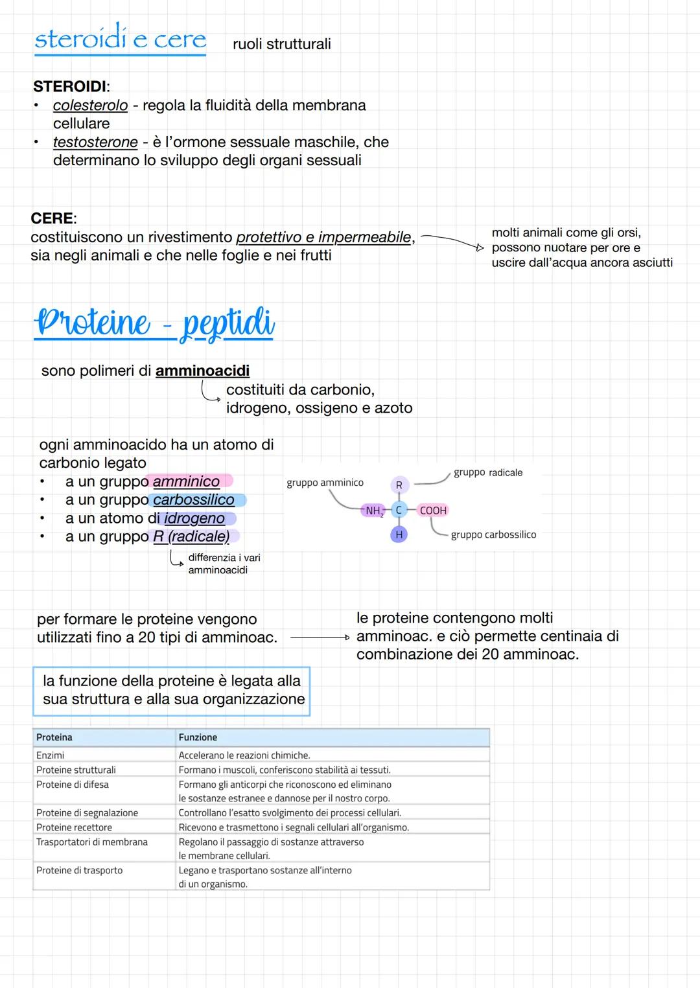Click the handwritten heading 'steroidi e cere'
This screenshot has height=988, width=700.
(x=120, y=39)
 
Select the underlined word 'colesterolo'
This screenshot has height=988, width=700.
(x=90, y=106)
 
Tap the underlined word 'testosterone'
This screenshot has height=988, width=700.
(x=95, y=143)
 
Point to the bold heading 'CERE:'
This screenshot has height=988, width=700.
(x=54, y=218)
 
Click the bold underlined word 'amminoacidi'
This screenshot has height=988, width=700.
(x=202, y=371)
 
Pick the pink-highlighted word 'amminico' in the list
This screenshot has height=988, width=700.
(x=186, y=481)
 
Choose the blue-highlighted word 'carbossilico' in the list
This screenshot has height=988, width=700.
(x=193, y=500)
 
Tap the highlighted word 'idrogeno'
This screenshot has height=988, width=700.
(x=194, y=518)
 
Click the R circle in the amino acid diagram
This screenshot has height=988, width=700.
(x=399, y=485)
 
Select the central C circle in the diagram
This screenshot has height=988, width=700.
(x=399, y=511)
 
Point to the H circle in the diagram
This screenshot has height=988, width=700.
(x=399, y=534)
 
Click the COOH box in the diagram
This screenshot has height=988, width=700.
(x=433, y=511)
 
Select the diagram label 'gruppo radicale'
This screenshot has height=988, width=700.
(x=488, y=473)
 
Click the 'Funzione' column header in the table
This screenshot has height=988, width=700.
(x=198, y=737)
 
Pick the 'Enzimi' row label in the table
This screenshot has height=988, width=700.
(x=51, y=755)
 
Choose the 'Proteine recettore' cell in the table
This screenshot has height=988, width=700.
(x=74, y=827)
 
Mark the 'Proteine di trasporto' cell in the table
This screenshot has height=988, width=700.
(x=79, y=870)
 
